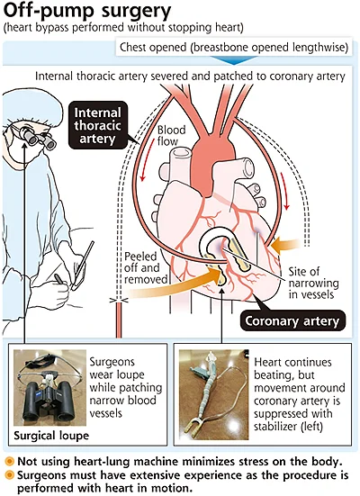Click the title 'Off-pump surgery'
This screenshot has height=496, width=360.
click(x=87, y=11)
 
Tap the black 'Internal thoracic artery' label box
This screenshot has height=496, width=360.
click(x=98, y=125)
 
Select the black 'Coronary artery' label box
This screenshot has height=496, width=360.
click(x=292, y=320)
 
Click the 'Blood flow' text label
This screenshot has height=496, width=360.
click(x=172, y=135)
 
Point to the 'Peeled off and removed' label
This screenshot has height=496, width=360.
click(x=146, y=267)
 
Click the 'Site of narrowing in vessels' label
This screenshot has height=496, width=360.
click(x=313, y=283)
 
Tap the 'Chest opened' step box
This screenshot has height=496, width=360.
click(x=234, y=48)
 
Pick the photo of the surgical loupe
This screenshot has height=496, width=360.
click(x=50, y=387)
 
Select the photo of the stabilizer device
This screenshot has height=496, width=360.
click(x=213, y=394)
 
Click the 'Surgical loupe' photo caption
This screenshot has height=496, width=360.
click(x=51, y=436)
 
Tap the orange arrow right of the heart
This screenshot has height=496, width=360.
click(x=285, y=246)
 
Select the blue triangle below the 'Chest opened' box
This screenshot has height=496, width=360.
click(x=233, y=60)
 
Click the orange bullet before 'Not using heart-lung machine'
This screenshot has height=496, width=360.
click(x=10, y=462)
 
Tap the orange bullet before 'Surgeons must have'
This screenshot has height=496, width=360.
click(x=10, y=475)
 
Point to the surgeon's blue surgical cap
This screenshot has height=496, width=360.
click(x=31, y=107)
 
